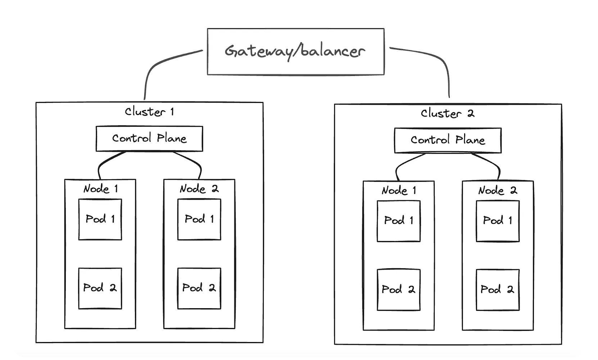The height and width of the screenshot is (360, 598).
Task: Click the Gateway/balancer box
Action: pyautogui.click(x=295, y=51)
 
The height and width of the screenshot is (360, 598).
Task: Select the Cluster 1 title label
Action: pyautogui.click(x=149, y=112)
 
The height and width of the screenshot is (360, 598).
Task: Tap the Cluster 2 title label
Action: pyautogui.click(x=448, y=113)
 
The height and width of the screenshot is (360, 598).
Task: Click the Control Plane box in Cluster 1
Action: pyautogui.click(x=149, y=139)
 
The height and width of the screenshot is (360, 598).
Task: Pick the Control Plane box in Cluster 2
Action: pyautogui.click(x=448, y=140)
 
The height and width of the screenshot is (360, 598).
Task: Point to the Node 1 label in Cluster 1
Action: pyautogui.click(x=100, y=189)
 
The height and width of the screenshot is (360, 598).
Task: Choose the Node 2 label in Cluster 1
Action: pyautogui.click(x=199, y=189)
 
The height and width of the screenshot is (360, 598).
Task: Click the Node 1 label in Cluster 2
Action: pyautogui.click(x=399, y=190)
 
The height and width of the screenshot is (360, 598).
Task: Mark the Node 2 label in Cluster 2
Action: pyautogui.click(x=498, y=190)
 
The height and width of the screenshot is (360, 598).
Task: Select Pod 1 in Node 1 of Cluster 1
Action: pyautogui.click(x=100, y=219)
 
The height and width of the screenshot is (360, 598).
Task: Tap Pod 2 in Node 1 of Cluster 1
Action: pyautogui.click(x=100, y=288)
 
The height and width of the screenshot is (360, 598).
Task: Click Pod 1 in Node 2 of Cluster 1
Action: pyautogui.click(x=199, y=219)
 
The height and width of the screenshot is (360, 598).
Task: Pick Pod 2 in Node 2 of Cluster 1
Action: pyautogui.click(x=199, y=288)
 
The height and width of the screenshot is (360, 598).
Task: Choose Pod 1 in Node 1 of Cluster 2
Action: pyautogui.click(x=399, y=221)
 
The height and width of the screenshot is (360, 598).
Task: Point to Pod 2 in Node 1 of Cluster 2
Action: pyautogui.click(x=399, y=290)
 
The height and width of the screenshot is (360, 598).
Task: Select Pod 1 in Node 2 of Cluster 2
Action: pyautogui.click(x=498, y=221)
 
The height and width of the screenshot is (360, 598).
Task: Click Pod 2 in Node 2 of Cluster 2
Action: pyautogui.click(x=498, y=290)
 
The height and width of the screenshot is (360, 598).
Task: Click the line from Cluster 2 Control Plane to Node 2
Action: pyautogui.click(x=493, y=164)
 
